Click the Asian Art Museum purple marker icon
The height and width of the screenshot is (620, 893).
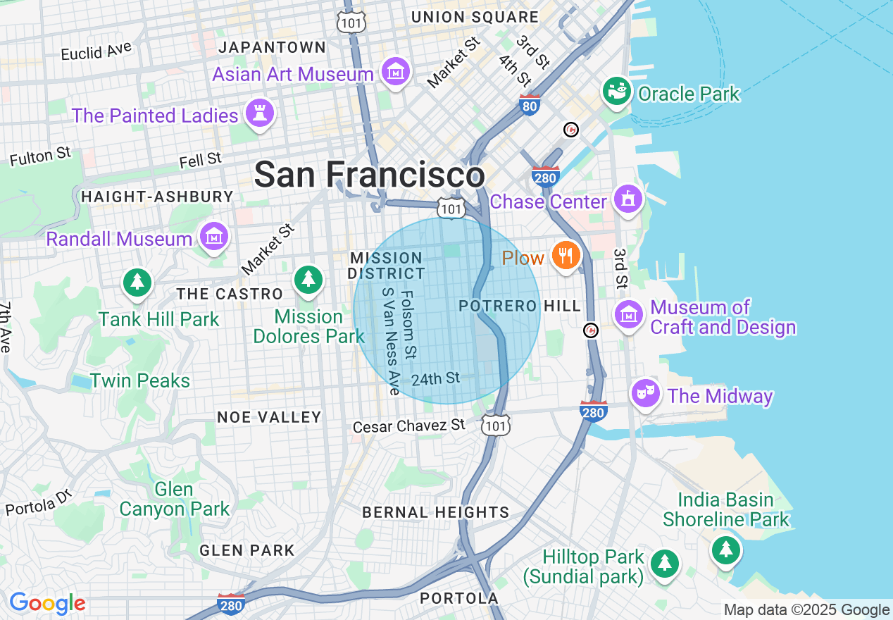coord(395,71)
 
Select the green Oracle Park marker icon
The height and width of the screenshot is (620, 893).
coord(617,92)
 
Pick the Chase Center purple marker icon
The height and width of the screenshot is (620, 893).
coord(627,199)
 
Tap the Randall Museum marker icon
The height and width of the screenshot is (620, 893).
coord(213,237)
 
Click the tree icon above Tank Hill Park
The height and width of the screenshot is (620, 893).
coord(137,282)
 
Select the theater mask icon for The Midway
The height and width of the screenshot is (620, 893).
coord(644,393)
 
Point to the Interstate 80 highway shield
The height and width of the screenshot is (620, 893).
coord(530,105)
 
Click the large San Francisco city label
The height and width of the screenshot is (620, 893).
coord(369,174)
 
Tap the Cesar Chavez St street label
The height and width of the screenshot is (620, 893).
coord(409,426)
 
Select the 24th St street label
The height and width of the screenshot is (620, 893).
coord(435,379)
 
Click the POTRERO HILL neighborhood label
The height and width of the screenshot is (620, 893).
coord(520,306)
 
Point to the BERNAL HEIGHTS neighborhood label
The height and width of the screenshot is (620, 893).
coord(435,512)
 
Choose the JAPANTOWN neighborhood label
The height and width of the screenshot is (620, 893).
coord(272,47)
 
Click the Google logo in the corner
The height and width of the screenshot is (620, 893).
coord(47,603)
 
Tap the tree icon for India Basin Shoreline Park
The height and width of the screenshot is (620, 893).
coord(725,548)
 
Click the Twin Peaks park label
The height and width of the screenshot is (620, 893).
coord(140,380)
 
